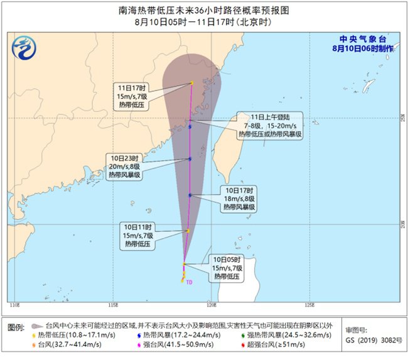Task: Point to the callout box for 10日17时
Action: point(240,199)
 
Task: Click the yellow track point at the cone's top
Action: point(192,82)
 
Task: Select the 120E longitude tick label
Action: point(212,305)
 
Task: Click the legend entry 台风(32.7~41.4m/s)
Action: point(67,345)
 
